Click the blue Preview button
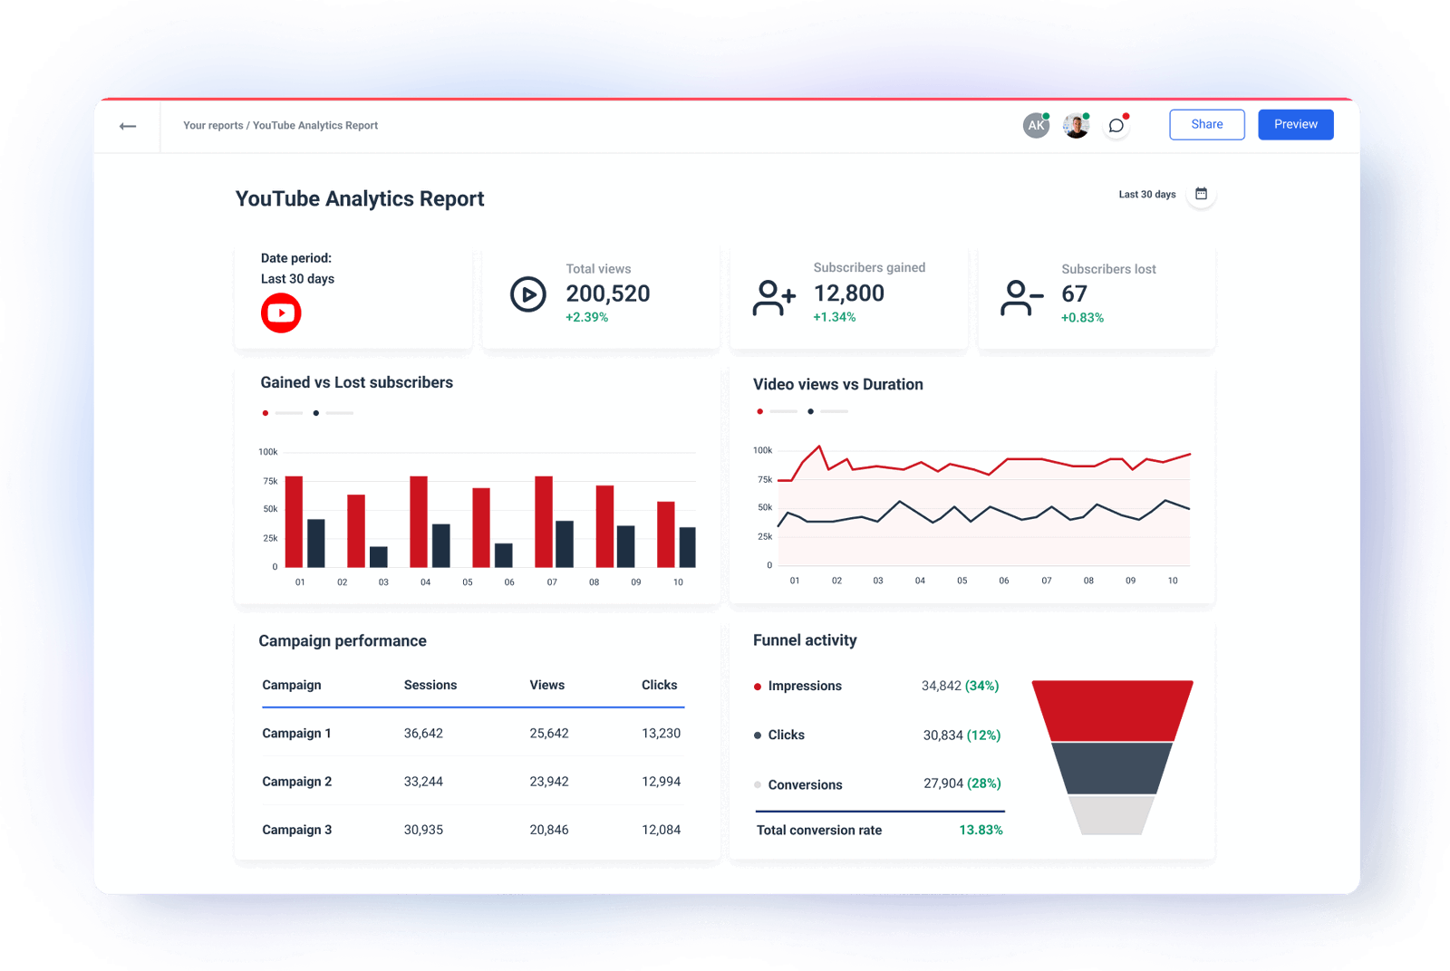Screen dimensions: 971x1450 (x=1295, y=124)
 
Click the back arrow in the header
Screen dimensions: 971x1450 (x=128, y=126)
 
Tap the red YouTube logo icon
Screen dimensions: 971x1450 (x=281, y=313)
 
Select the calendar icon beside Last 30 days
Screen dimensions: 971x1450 (x=1201, y=194)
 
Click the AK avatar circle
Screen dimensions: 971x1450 (x=1036, y=126)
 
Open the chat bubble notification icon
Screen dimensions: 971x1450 (x=1116, y=126)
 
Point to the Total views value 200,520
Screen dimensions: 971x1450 (x=607, y=293)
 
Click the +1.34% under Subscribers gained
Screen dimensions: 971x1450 (x=834, y=317)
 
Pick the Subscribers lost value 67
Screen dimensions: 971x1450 (x=1074, y=293)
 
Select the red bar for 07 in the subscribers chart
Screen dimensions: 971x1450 (x=544, y=522)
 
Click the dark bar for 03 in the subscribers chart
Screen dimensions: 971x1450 (x=379, y=556)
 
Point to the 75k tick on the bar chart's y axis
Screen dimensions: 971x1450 (x=270, y=481)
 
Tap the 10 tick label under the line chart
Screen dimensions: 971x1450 (x=1172, y=581)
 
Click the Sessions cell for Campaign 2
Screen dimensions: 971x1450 (x=423, y=782)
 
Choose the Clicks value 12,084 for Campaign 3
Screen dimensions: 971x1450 (x=661, y=830)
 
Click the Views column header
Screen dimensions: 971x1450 (x=546, y=685)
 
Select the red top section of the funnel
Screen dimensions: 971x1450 (x=1112, y=710)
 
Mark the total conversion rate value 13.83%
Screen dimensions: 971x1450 (x=981, y=830)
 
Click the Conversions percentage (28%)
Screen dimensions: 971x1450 (x=983, y=784)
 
